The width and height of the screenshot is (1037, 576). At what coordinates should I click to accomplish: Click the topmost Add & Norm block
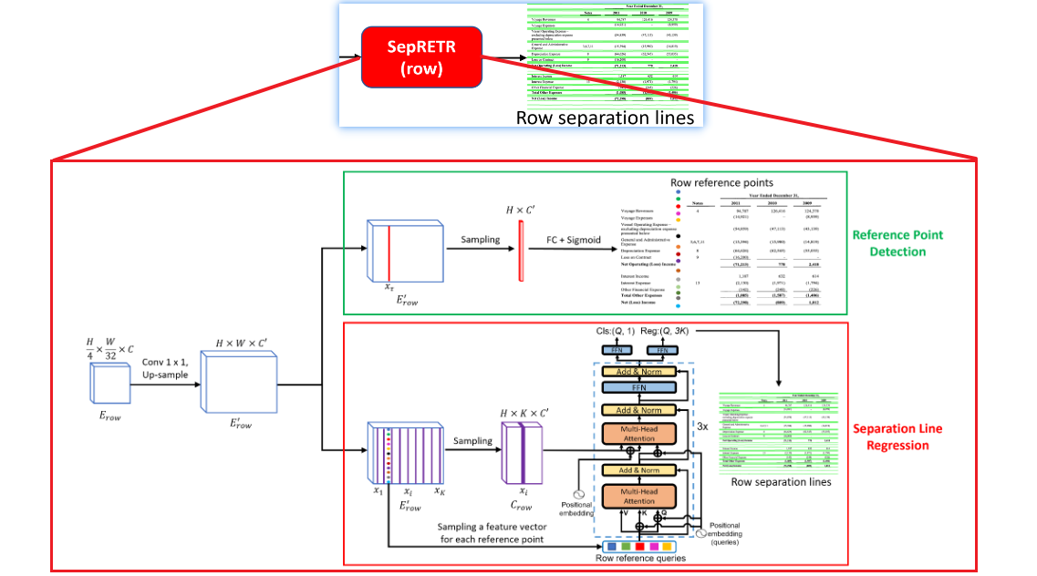coord(638,371)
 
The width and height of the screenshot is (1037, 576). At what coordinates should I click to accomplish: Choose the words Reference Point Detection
coord(897,242)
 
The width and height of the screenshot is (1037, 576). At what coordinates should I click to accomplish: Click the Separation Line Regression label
coord(897,437)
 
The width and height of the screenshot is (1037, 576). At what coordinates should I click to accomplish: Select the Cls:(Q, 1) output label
coord(614,332)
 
